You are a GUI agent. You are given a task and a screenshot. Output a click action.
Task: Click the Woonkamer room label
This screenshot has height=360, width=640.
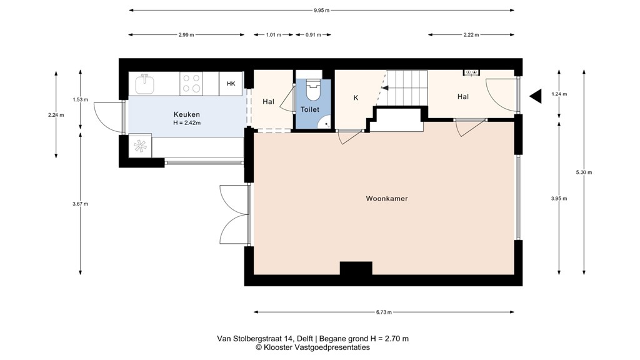pyautogui.click(x=386, y=199)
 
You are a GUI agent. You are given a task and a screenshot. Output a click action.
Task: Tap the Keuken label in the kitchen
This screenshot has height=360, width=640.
pyautogui.click(x=186, y=114)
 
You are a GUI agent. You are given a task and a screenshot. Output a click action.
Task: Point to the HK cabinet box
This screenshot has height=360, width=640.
pyautogui.click(x=231, y=84)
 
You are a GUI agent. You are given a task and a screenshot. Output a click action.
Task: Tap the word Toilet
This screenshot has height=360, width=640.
pyautogui.click(x=310, y=109)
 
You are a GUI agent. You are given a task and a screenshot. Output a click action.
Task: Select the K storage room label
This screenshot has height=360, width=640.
pyautogui.click(x=356, y=98)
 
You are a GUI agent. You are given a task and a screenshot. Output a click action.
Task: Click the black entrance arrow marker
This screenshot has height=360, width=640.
pyautogui.click(x=535, y=96)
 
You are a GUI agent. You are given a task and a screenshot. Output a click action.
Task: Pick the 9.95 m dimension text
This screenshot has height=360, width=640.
pyautogui.click(x=322, y=10)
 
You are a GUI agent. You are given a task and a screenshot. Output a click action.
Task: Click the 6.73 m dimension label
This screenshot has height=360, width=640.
pyautogui.click(x=384, y=312)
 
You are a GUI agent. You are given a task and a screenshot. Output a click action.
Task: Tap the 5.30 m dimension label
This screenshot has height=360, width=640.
pyautogui.click(x=584, y=172)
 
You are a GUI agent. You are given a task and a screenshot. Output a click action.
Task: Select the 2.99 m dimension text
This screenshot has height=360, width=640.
pyautogui.click(x=186, y=35)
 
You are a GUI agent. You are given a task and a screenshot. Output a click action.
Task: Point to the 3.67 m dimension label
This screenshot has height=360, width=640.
pyautogui.click(x=81, y=204)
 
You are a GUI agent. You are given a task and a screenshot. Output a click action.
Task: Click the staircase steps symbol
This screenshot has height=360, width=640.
pyautogui.click(x=407, y=87)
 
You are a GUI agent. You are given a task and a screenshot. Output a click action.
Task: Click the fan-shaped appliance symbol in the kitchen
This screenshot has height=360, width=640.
pyautogui.click(x=141, y=146)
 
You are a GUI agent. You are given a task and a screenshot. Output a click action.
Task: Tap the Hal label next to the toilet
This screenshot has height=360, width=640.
pyautogui.click(x=268, y=102)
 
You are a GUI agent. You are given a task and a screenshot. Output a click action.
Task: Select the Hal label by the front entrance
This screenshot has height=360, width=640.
pyautogui.click(x=462, y=97)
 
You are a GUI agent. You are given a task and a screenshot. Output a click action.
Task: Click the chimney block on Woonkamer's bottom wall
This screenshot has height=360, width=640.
pyautogui.click(x=356, y=268)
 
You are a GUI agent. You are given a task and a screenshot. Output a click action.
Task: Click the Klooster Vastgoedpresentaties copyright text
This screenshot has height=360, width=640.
pyautogui.click(x=312, y=347)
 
